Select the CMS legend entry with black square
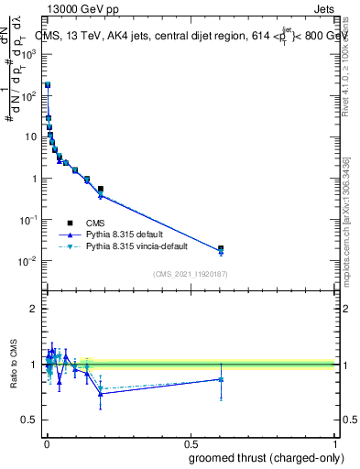94,223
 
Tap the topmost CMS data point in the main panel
48,85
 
